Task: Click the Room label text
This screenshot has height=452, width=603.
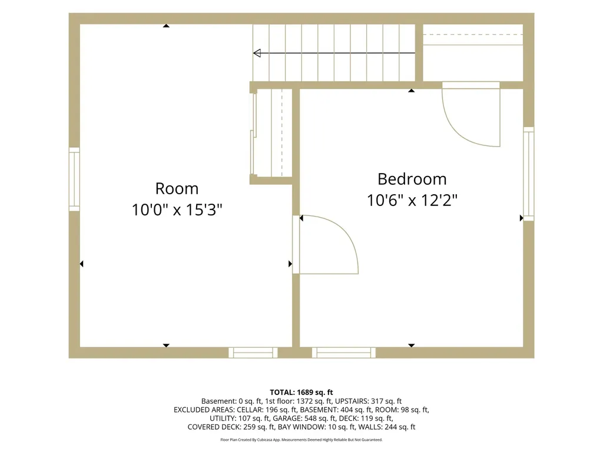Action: click(177, 189)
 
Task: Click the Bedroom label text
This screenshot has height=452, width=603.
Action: click(412, 179)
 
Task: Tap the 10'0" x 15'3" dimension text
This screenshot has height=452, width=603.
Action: click(177, 210)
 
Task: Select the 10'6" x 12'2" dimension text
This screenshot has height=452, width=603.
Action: click(412, 200)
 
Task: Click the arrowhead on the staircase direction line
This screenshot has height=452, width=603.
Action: click(257, 53)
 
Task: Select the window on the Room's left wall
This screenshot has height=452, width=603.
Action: click(74, 179)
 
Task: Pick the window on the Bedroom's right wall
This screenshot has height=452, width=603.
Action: click(529, 174)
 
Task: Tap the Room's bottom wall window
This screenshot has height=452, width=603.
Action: click(253, 353)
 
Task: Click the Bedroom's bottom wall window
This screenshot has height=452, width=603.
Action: click(344, 353)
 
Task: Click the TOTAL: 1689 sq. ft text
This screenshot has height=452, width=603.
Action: click(301, 393)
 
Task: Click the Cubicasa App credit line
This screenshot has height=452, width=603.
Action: click(301, 440)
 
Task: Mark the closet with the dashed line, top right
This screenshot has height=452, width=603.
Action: click(473, 52)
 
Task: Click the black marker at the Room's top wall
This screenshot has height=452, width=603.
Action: click(166, 26)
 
